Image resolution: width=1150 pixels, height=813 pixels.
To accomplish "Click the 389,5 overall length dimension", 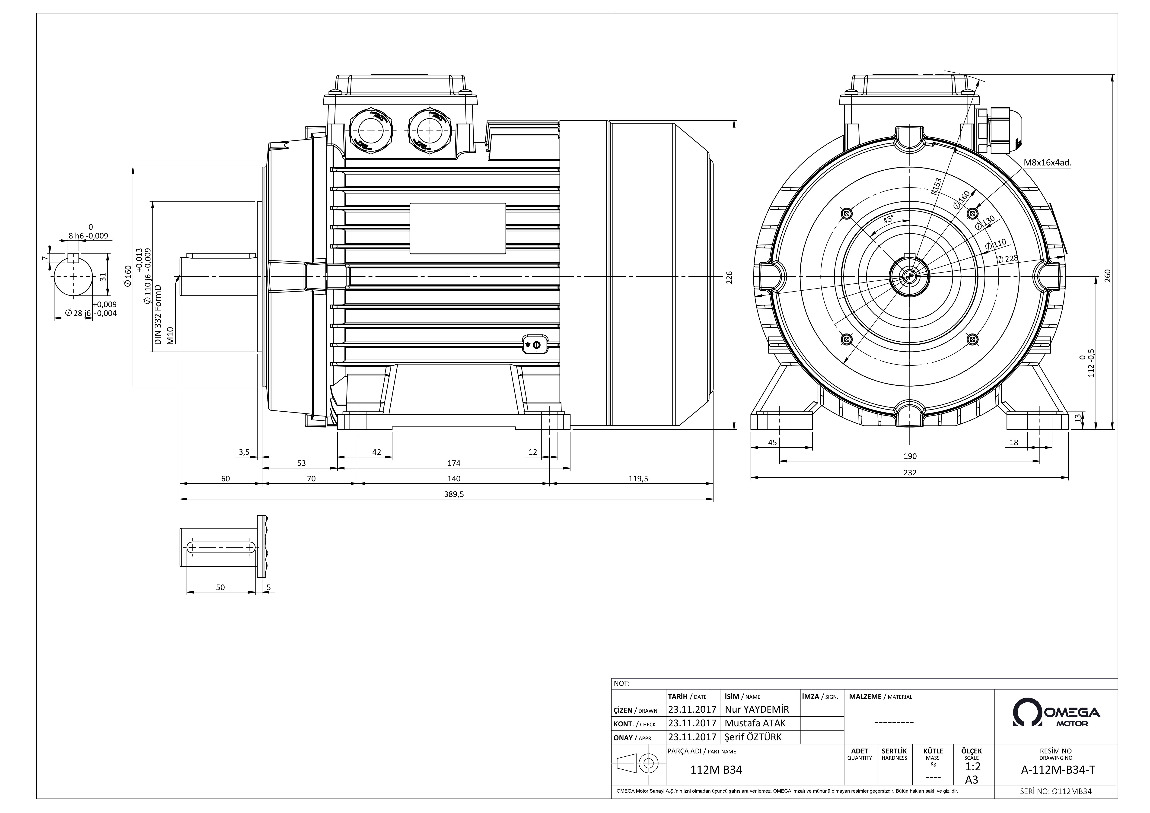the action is (x=454, y=494).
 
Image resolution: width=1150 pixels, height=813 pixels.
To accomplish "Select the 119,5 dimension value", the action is (x=638, y=479).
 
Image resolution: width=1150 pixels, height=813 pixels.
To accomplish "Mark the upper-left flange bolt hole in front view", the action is (x=847, y=214).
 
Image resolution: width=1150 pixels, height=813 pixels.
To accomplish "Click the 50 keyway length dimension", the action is (x=220, y=587).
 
